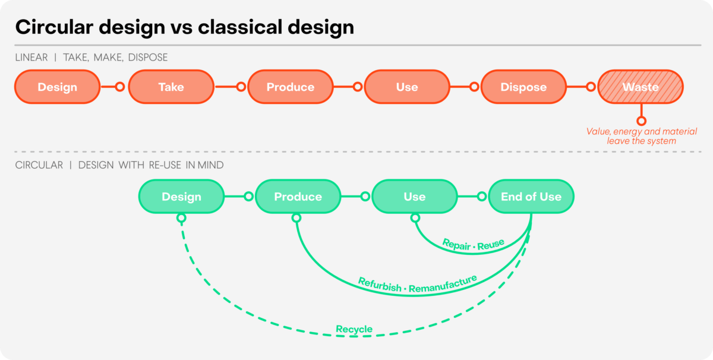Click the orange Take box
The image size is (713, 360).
tap(171, 87)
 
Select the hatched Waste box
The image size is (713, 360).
tap(641, 87)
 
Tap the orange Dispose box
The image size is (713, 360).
tap(523, 87)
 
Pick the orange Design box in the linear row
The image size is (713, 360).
tap(57, 87)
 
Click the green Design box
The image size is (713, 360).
tap(181, 197)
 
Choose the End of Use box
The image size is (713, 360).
tap(531, 197)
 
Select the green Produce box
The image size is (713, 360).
tap(298, 197)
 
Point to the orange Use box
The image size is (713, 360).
tap(407, 87)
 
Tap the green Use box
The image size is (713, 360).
tap(415, 197)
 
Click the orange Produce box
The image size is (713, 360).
tap(291, 87)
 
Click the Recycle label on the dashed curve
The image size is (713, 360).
tap(354, 329)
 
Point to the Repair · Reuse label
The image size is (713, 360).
tap(474, 245)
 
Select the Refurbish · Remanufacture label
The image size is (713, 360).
tap(417, 284)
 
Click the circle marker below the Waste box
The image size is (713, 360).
tap(641, 121)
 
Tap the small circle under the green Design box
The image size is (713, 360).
tap(181, 218)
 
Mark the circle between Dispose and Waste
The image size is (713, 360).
tap(591, 87)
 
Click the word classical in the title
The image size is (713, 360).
tap(240, 27)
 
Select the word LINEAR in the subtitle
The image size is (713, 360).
tap(31, 57)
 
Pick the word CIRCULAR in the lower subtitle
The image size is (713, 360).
tap(39, 165)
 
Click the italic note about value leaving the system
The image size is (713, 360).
tap(641, 136)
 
